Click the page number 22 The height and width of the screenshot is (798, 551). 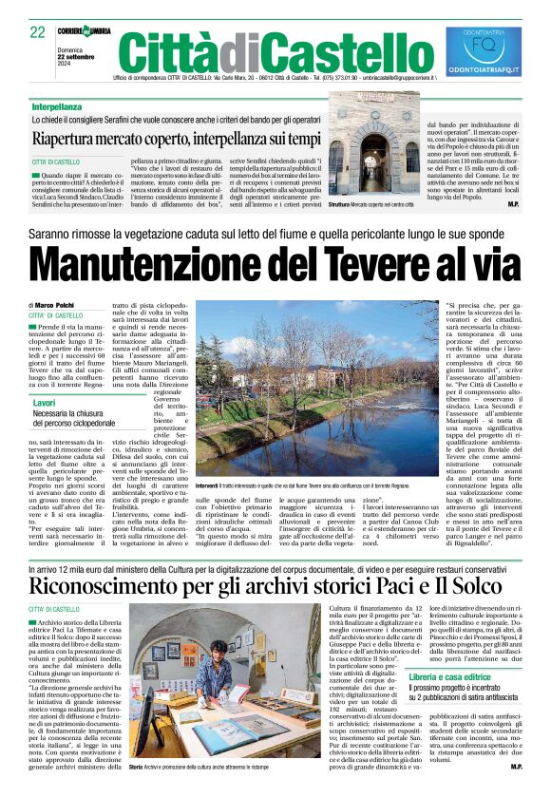pos(38,32)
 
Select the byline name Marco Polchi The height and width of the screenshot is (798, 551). pos(57,304)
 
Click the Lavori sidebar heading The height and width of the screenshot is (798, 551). pos(45,404)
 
